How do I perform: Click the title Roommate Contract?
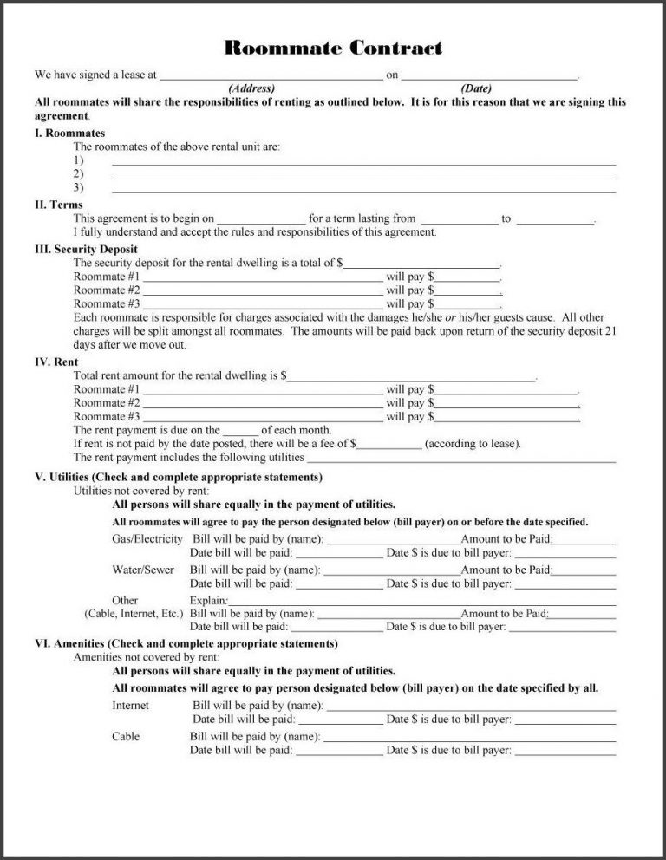(333, 48)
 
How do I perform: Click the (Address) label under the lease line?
(251, 88)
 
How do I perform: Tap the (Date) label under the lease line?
(476, 88)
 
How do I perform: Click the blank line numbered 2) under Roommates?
(364, 174)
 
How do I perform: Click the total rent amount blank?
(411, 375)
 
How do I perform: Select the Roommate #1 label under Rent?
(107, 389)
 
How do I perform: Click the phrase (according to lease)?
(473, 445)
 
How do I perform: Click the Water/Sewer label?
(143, 570)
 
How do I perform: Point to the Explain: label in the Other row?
(209, 600)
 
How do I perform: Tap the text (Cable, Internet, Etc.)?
(134, 613)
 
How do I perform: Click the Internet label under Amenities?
(130, 706)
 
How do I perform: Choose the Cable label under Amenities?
(126, 736)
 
